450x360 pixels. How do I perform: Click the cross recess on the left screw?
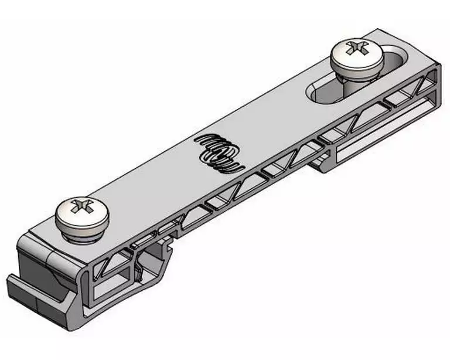click(81, 207)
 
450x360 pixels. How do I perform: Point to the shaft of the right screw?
click(352, 81)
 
